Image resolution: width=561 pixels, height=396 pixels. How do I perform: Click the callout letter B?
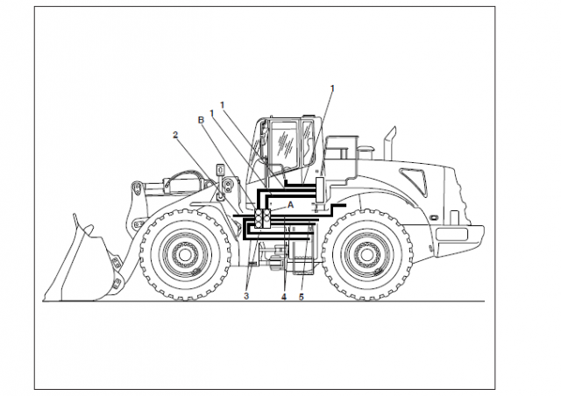201,120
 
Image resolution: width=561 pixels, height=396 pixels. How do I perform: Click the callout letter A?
290,205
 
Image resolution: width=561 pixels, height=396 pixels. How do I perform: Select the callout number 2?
175,135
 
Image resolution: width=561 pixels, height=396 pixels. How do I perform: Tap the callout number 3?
246,296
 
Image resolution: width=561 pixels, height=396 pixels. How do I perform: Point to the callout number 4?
284,297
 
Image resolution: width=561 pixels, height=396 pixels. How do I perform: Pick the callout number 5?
302,297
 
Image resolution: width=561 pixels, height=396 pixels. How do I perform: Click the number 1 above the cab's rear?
332,88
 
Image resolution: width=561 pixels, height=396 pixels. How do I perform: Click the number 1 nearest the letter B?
212,113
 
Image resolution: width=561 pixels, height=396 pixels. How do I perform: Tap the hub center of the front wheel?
185,255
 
